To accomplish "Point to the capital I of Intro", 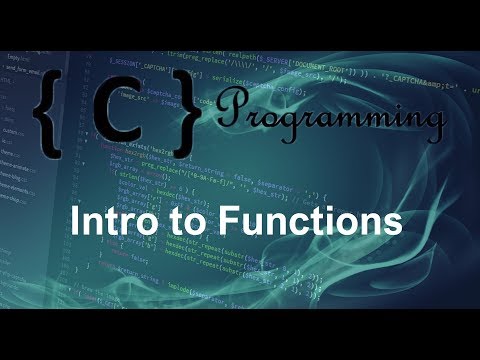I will (72, 221).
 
